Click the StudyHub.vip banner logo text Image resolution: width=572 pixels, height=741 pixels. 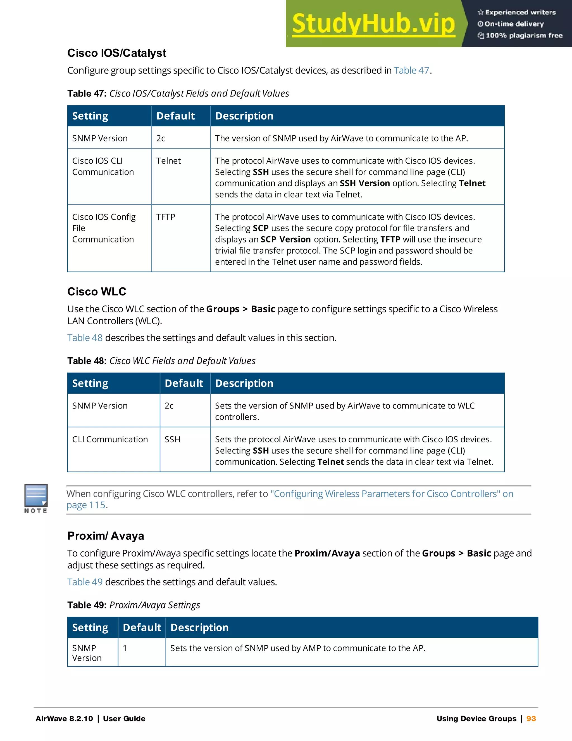click(373, 24)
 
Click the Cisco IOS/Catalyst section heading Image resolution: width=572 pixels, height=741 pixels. click(116, 53)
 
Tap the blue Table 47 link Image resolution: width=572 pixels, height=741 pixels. click(411, 70)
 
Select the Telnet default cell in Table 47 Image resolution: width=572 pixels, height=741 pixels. click(168, 161)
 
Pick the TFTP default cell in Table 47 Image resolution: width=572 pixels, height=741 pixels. click(165, 217)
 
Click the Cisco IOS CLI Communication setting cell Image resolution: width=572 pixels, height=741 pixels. click(103, 166)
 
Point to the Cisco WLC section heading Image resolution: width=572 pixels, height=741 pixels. click(97, 291)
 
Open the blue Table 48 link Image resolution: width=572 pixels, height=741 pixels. click(85, 338)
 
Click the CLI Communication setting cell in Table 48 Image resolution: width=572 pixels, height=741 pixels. click(110, 439)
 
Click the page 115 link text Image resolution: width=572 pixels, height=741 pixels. click(86, 505)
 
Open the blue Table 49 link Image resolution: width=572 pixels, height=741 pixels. click(85, 582)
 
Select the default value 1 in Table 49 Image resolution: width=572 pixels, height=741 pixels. click(125, 648)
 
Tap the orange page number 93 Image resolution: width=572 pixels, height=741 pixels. click(531, 719)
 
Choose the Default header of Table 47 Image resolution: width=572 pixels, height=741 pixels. click(175, 116)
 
